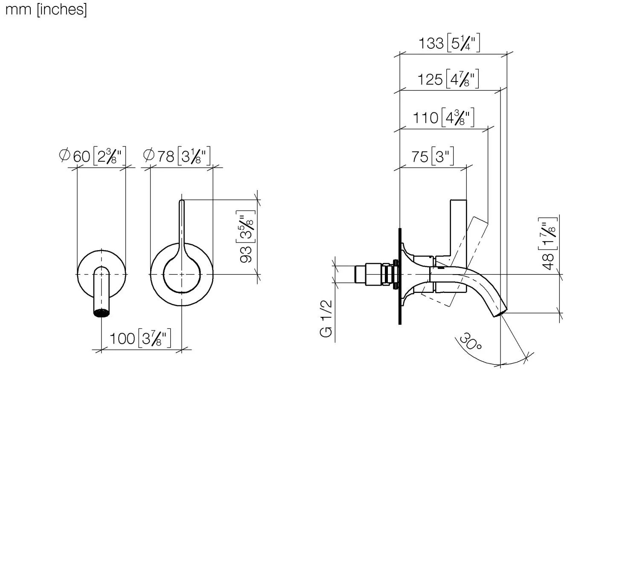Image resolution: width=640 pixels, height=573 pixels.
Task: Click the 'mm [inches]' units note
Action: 46,9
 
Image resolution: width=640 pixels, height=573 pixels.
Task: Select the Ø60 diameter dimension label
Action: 93,156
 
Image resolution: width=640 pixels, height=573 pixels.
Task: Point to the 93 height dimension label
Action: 247,237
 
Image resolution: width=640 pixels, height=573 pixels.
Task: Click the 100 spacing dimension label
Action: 140,339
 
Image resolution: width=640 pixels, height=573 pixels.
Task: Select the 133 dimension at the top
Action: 449,44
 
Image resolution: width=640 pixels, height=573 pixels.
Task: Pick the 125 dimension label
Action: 448,79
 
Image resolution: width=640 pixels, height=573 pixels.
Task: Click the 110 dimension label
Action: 443,117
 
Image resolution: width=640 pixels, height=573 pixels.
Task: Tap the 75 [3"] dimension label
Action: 432,157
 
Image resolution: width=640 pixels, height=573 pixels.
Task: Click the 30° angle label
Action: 470,342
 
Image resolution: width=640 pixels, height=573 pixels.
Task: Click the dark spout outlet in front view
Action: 101,313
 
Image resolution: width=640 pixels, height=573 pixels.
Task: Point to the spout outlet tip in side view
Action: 500,313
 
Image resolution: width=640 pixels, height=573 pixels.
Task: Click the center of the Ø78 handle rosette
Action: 182,274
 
